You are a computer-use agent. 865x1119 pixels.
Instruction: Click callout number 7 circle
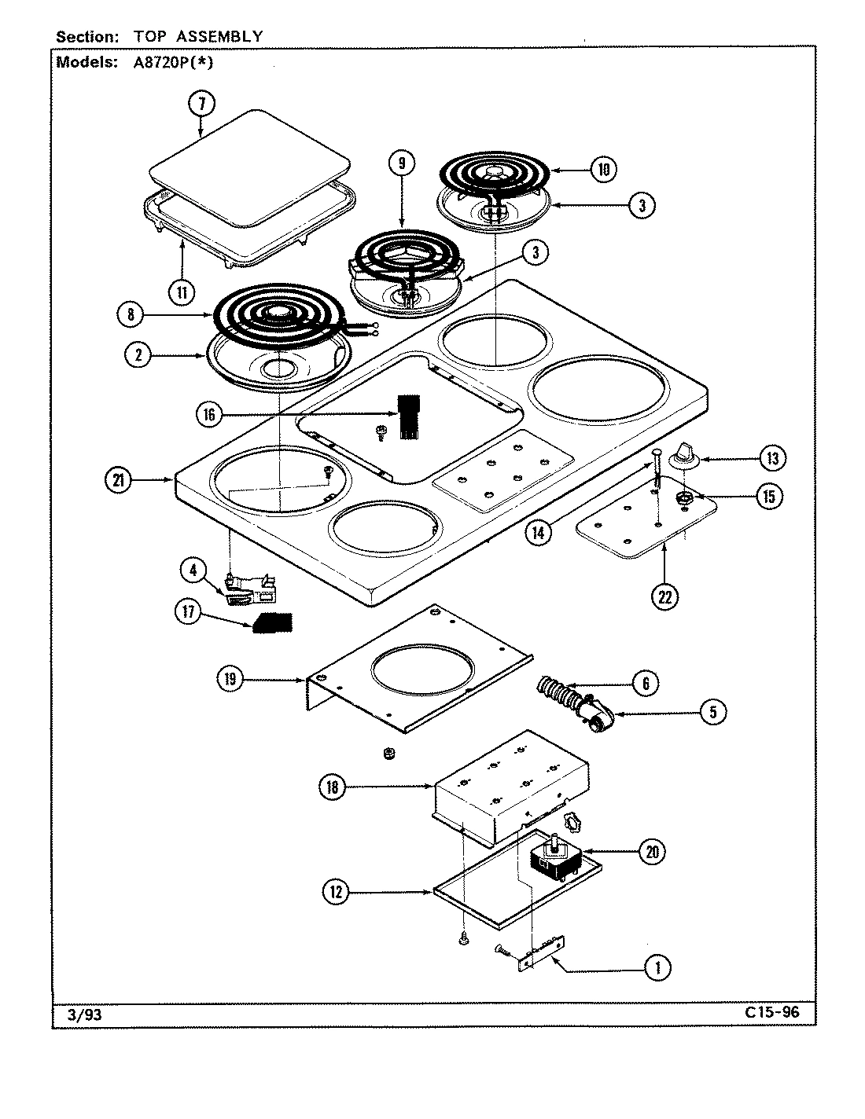201,103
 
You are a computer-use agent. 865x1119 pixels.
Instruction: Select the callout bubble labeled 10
603,170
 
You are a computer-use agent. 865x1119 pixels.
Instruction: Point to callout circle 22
665,596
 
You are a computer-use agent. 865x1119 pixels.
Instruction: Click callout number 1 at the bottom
657,968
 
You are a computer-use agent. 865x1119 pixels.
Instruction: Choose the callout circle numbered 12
337,891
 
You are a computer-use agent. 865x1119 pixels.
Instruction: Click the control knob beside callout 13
681,454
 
